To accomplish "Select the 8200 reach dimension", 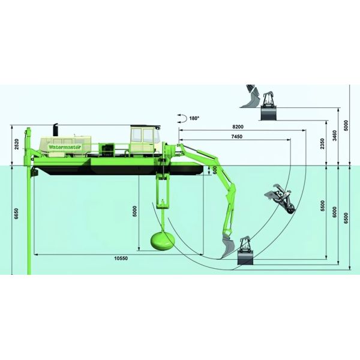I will point(238,128).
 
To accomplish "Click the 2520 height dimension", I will point(17,145).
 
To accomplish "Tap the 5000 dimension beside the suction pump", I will point(136,211).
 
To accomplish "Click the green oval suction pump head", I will point(161,240).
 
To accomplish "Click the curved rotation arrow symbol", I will point(181,119).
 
